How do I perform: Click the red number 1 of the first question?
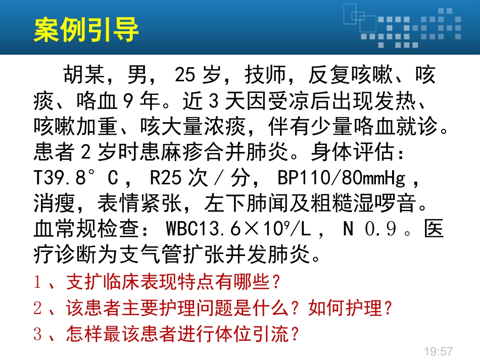click(x=37, y=283)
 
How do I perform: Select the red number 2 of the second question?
click(x=37, y=308)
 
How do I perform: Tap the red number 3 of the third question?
click(x=37, y=334)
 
